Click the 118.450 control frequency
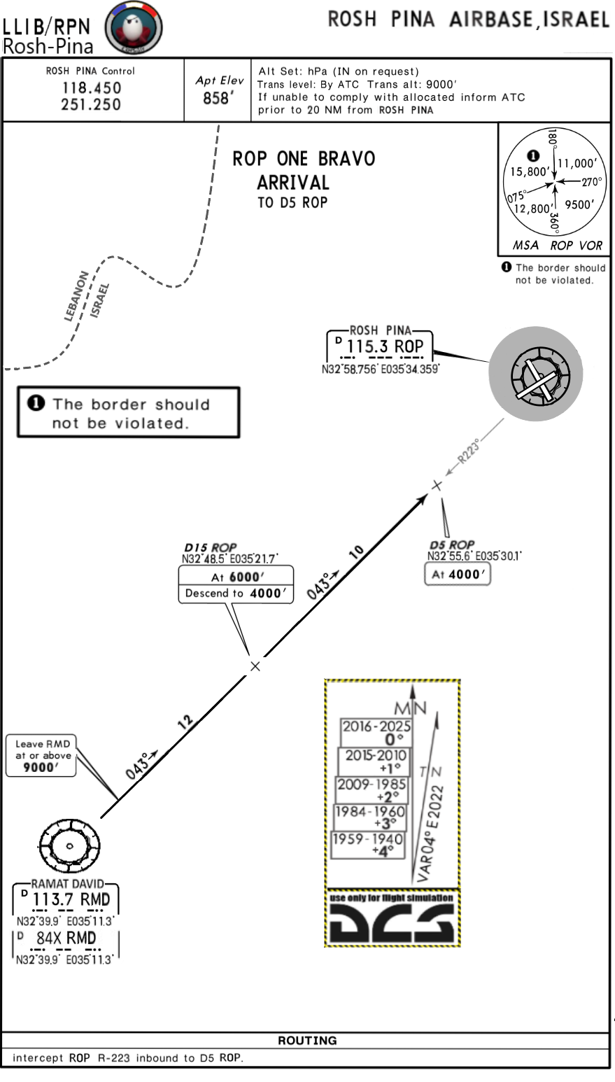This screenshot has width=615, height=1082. (x=90, y=88)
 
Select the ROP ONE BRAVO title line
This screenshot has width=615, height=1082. (x=304, y=159)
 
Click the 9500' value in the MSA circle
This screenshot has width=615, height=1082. (x=579, y=205)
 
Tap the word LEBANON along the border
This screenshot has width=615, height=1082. (x=76, y=295)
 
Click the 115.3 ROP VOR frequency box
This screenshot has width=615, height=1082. (x=380, y=346)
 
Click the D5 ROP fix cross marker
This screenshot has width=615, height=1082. (x=437, y=485)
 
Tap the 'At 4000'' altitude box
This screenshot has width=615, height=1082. (x=457, y=575)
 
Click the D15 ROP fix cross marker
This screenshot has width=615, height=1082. (x=255, y=666)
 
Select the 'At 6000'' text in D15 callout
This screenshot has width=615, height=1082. (x=235, y=577)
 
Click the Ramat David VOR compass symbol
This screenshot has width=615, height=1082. (x=69, y=845)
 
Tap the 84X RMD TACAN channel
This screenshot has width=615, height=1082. (x=66, y=938)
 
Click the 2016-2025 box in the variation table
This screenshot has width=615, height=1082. (x=376, y=732)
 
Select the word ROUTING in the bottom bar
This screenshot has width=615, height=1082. (x=307, y=1041)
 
